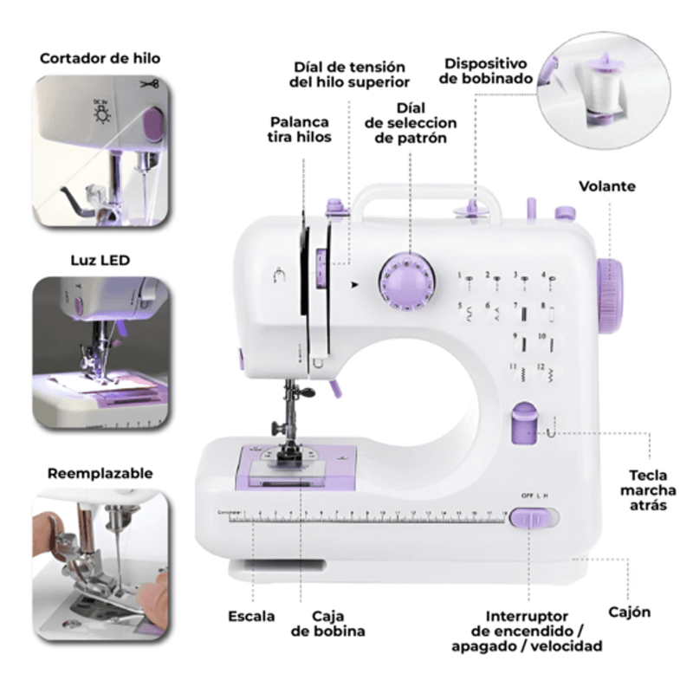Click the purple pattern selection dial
click(406, 282)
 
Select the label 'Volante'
click(607, 186)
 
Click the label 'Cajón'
click(629, 612)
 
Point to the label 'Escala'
click(251, 616)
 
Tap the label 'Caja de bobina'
click(328, 623)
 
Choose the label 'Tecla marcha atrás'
click(648, 490)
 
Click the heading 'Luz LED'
click(100, 261)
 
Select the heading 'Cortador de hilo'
click(100, 58)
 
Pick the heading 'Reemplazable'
click(100, 473)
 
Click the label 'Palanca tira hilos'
click(299, 129)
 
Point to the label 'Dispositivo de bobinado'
click(486, 71)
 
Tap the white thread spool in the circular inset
click(603, 91)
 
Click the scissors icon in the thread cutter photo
click(150, 83)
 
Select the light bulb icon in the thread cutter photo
click(102, 114)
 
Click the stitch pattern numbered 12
click(548, 374)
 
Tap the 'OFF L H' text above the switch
click(534, 495)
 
